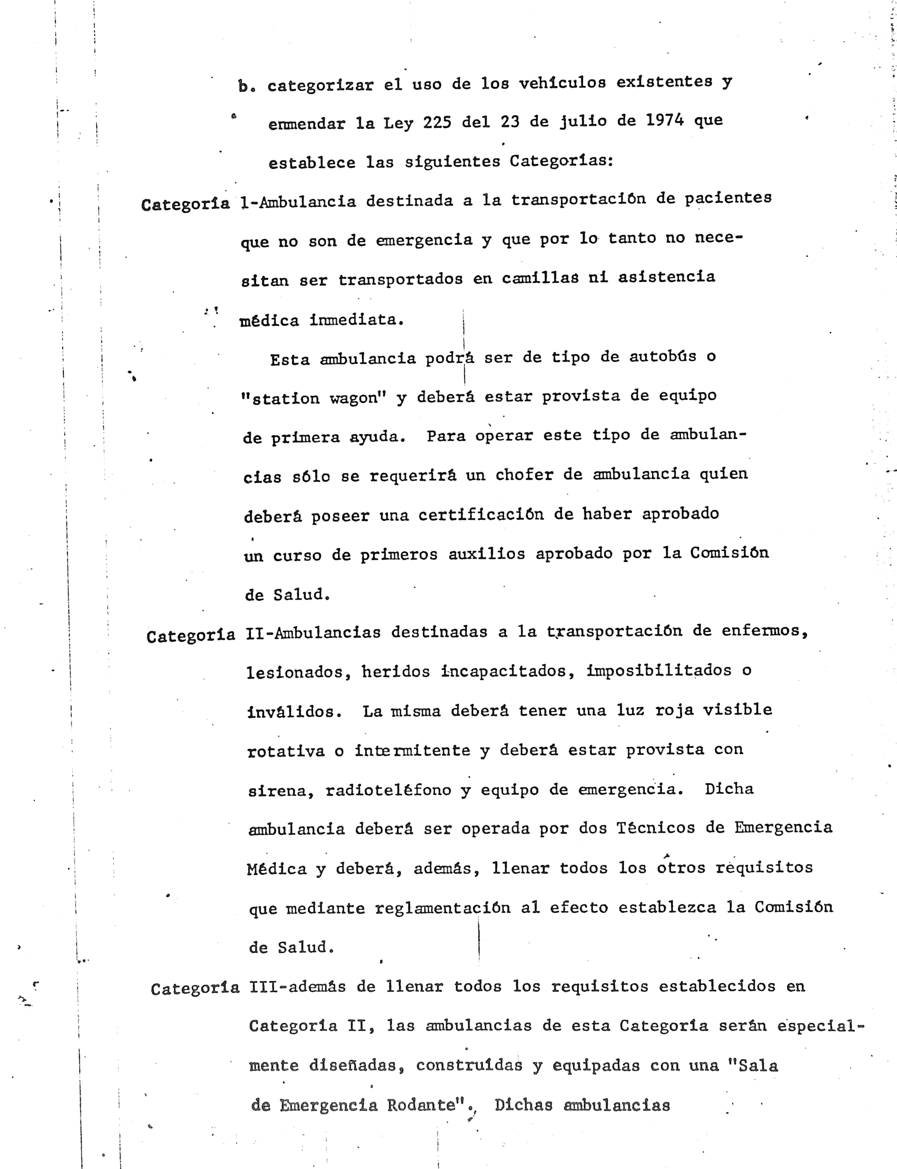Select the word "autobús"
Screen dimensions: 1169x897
click(663, 356)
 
